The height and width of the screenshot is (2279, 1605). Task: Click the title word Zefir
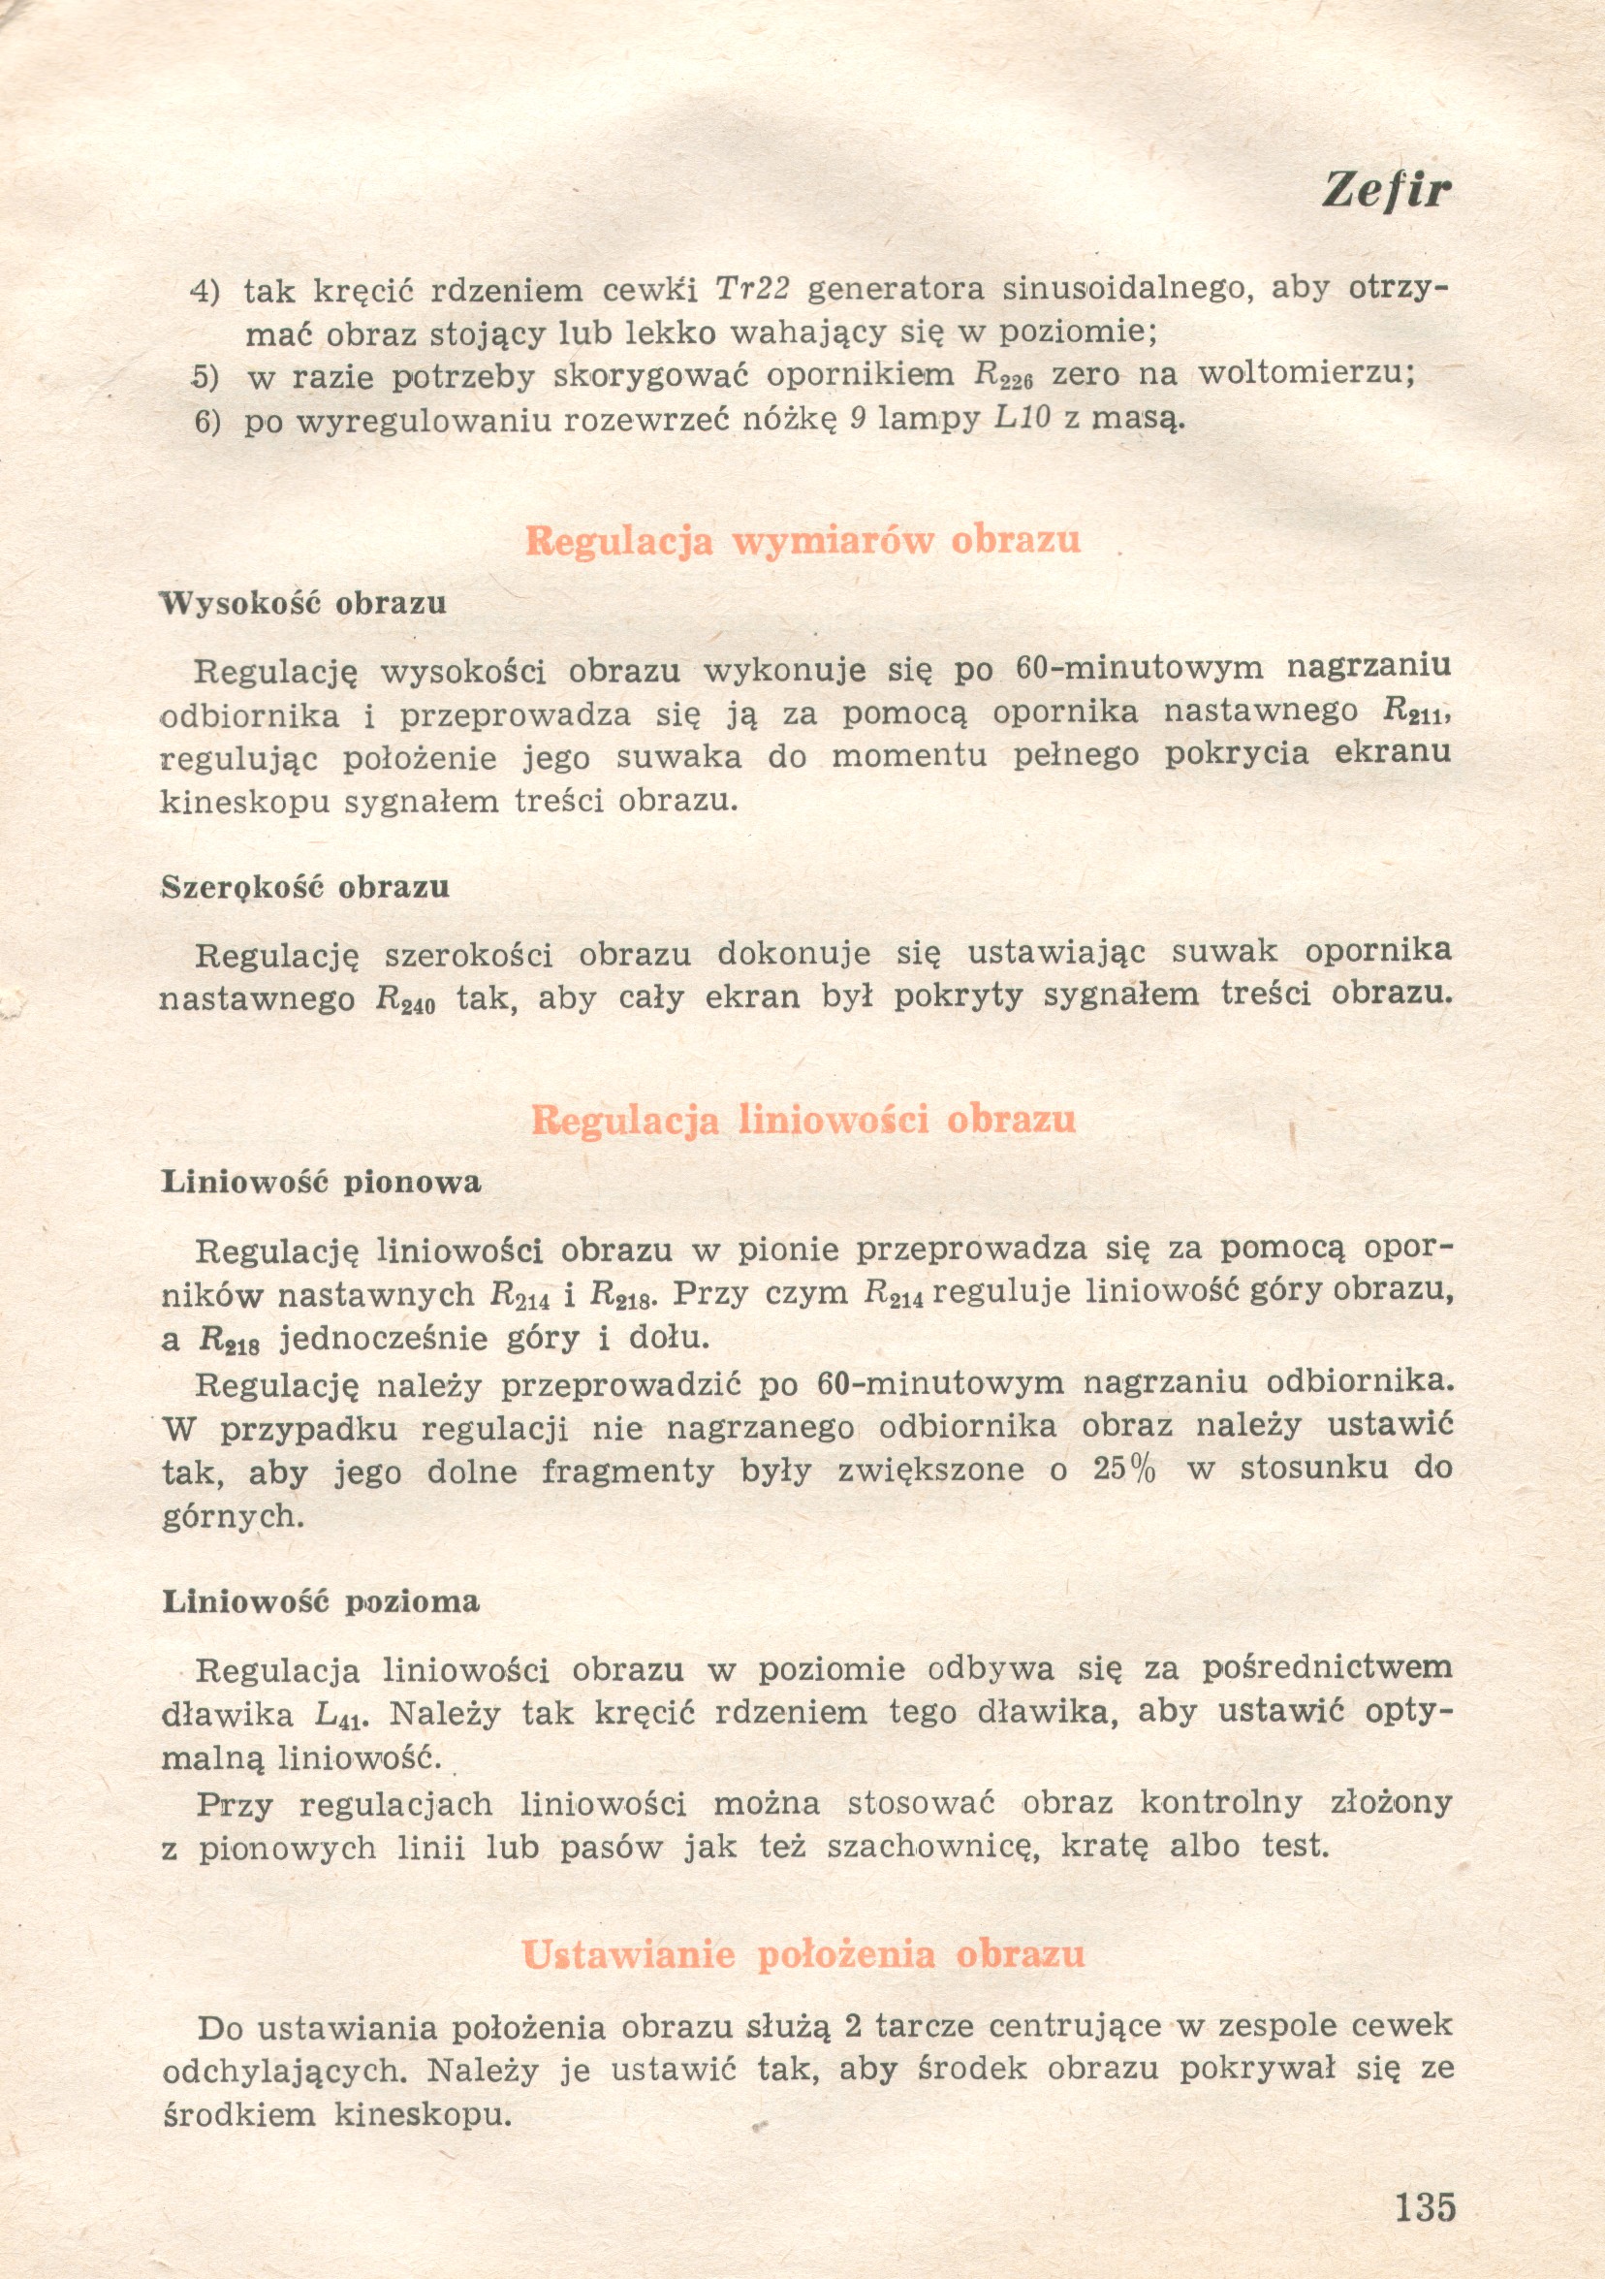point(1386,190)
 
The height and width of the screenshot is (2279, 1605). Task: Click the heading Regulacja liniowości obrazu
point(803,1120)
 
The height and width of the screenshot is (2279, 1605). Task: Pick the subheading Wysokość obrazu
point(303,604)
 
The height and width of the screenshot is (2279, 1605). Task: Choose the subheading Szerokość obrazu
point(305,886)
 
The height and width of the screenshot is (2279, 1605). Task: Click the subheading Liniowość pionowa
point(322,1183)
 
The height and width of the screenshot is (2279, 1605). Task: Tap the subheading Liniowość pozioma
point(321,1601)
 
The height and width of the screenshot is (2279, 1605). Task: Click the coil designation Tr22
point(752,289)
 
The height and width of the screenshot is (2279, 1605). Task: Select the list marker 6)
point(205,422)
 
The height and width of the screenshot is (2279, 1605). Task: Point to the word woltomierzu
point(1306,373)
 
